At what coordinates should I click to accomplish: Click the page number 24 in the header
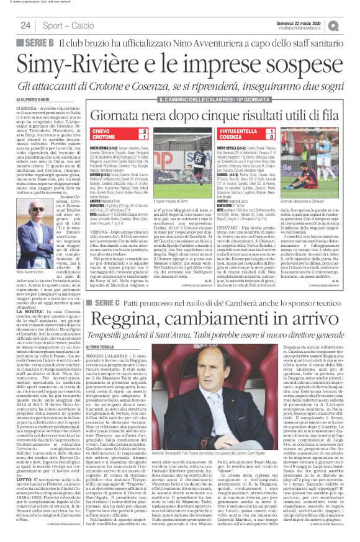tap(25, 25)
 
